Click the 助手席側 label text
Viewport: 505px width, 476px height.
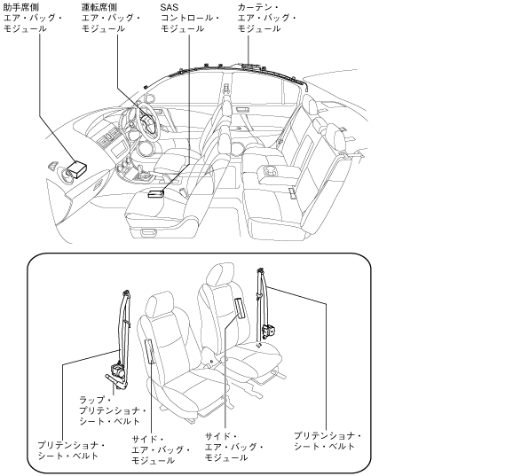tap(21, 7)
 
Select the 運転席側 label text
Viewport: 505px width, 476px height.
tap(99, 7)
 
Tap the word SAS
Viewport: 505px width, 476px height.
tap(170, 7)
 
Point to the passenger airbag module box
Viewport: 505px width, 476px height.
tap(76, 168)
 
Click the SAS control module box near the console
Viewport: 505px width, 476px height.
tap(156, 193)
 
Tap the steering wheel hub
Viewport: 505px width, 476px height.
tap(146, 120)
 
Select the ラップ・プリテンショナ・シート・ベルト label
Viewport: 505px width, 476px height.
tap(113, 410)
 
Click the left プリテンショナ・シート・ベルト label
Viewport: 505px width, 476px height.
tap(71, 450)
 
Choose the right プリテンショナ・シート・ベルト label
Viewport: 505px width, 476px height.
tap(327, 441)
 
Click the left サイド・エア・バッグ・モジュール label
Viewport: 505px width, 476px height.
tap(161, 449)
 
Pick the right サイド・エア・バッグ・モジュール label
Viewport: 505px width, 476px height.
tap(233, 447)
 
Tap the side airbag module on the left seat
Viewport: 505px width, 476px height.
tap(151, 352)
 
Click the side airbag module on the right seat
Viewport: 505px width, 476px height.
tap(240, 308)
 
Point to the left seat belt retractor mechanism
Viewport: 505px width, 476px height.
tap(117, 372)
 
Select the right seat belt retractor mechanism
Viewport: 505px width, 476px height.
tap(269, 332)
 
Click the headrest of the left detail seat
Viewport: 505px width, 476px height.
tap(160, 304)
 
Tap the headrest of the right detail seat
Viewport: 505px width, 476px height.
tap(221, 275)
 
